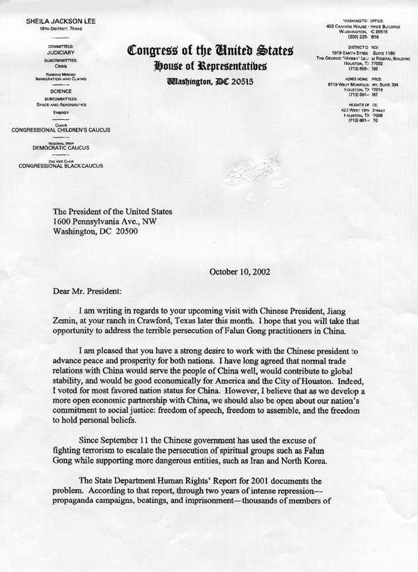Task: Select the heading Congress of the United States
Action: (210, 51)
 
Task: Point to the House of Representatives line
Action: (210, 66)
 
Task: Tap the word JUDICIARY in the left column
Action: (56, 52)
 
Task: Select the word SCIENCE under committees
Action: (56, 91)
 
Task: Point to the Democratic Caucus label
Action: (56, 148)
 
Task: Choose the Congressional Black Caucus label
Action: (56, 167)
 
